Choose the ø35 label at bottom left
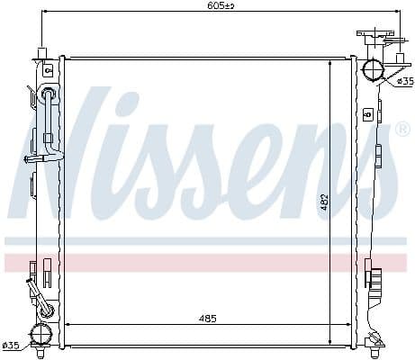10,346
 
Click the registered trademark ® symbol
403,130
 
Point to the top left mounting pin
41,51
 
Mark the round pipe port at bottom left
41,332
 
